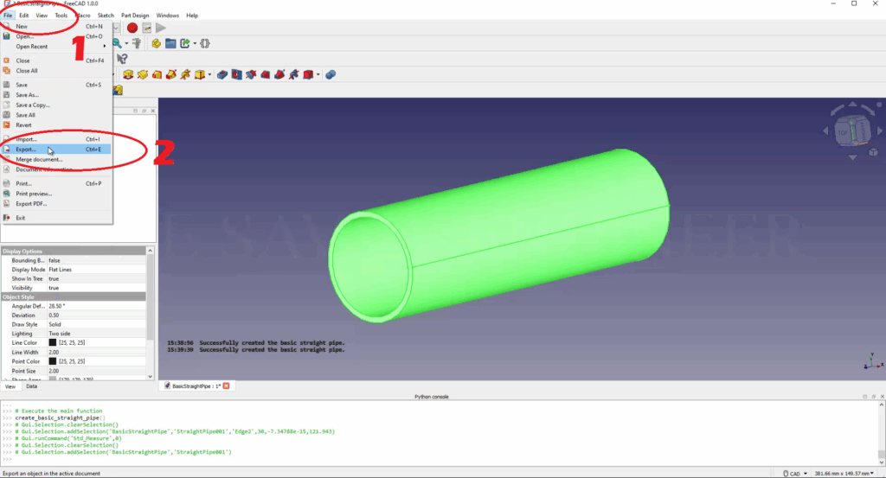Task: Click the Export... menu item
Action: coord(26,150)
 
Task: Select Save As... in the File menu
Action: coord(28,95)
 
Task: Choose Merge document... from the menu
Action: coord(39,160)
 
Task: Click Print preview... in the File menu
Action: coord(34,194)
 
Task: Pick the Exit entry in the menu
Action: coord(21,218)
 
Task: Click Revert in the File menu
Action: coord(23,125)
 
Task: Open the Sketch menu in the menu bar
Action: coord(106,16)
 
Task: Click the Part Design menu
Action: coord(134,16)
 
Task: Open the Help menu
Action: coord(192,16)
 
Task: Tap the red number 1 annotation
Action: coord(78,48)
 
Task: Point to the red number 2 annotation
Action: coord(164,152)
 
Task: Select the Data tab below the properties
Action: coord(31,386)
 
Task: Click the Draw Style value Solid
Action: coord(55,324)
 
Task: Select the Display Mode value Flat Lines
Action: coord(61,270)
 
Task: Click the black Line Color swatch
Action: coord(52,342)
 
